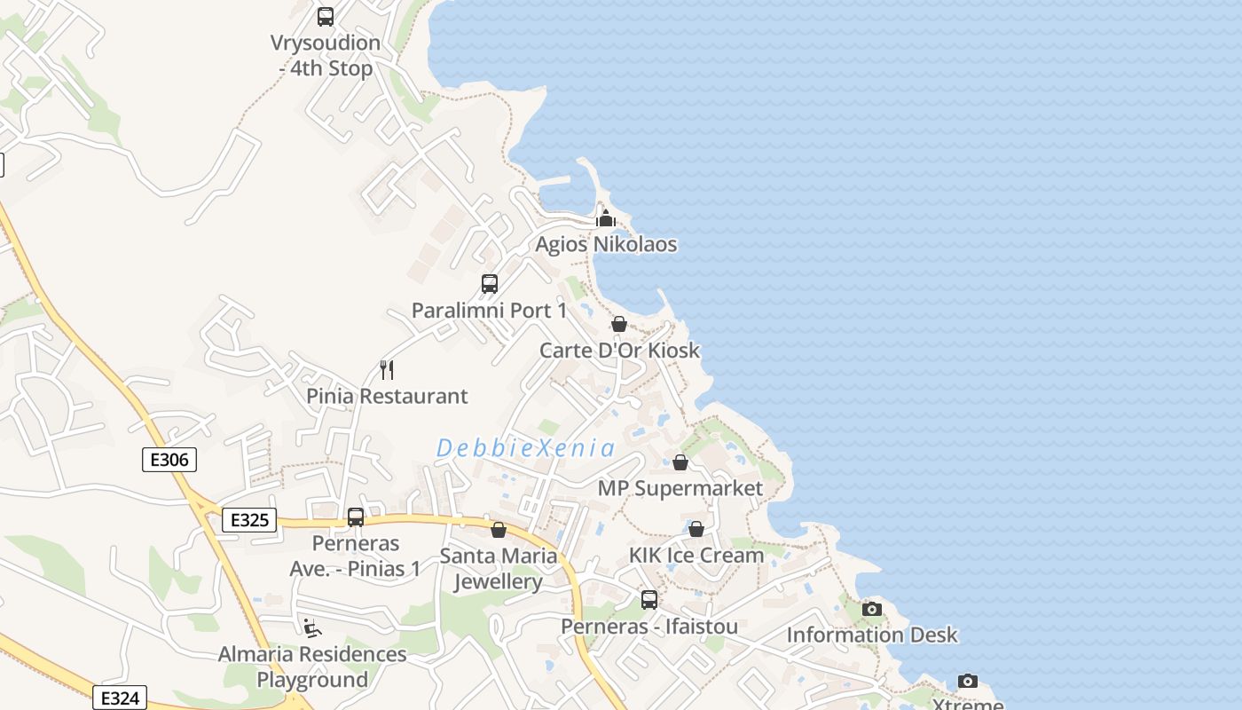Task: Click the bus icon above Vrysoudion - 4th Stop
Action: click(x=326, y=16)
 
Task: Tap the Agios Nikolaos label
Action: click(x=606, y=244)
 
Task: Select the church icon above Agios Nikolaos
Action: click(x=606, y=217)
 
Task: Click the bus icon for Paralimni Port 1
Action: click(x=489, y=284)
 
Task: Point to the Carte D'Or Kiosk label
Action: click(x=619, y=351)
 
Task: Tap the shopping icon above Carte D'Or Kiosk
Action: click(x=619, y=324)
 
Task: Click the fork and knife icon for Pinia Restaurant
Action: click(x=387, y=369)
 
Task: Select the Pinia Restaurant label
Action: click(x=387, y=396)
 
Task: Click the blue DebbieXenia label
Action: click(x=525, y=448)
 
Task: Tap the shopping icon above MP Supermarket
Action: click(x=680, y=462)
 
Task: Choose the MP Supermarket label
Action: click(x=680, y=488)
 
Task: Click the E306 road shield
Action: click(x=169, y=459)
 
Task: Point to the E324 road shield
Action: click(x=119, y=698)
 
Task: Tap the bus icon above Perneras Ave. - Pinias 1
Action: click(x=356, y=517)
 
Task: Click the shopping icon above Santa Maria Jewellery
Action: click(x=499, y=530)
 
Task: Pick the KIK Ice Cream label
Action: click(x=696, y=555)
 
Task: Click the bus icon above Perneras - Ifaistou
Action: click(x=649, y=600)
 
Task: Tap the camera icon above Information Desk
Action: click(x=872, y=609)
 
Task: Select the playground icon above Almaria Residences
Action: click(x=311, y=628)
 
